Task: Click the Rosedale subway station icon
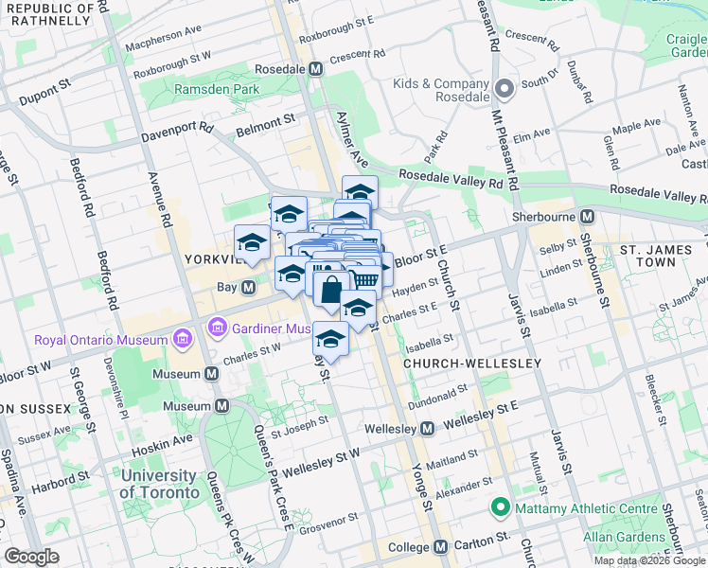coord(315,69)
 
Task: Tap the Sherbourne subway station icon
coord(587,217)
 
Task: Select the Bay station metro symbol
coord(248,287)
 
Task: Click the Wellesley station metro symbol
coord(427,429)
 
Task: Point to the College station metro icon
coord(440,547)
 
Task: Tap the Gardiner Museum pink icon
coord(218,328)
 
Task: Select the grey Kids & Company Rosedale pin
coord(504,91)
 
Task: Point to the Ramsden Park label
coord(204,89)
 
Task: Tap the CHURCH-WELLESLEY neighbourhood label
coord(471,364)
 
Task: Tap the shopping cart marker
coord(364,276)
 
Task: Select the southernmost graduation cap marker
coord(330,339)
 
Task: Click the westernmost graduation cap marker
coord(252,242)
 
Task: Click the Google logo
coord(31,557)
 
